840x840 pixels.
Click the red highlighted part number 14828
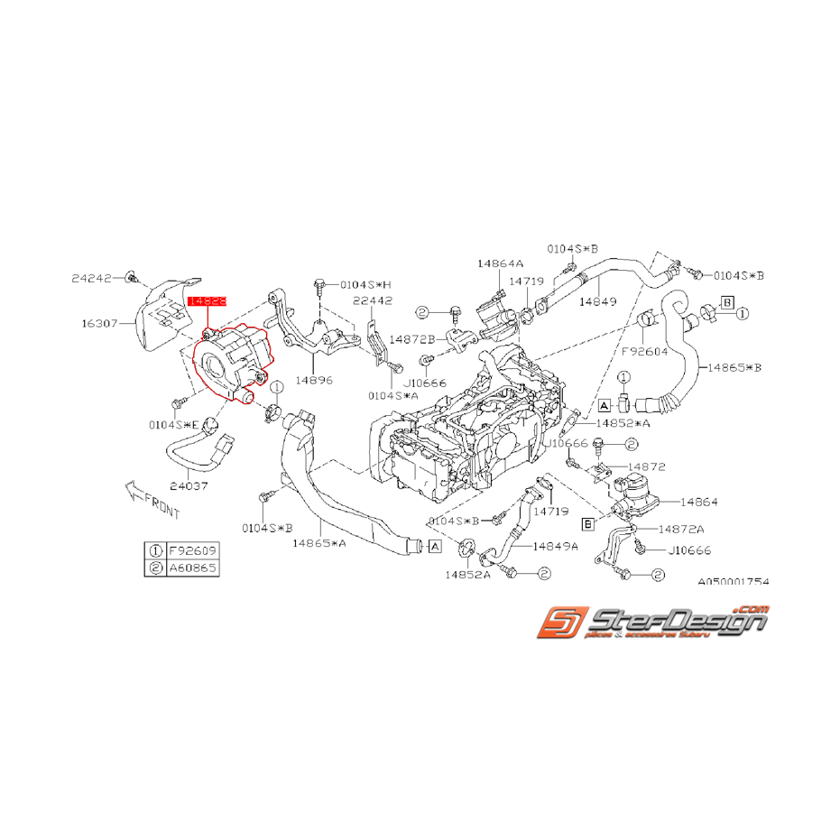coord(207,305)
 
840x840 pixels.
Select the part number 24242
coord(93,278)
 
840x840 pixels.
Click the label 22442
coord(373,302)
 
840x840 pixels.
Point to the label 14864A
coord(501,263)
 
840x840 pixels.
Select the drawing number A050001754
coord(733,582)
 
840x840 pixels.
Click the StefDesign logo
coord(653,623)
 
